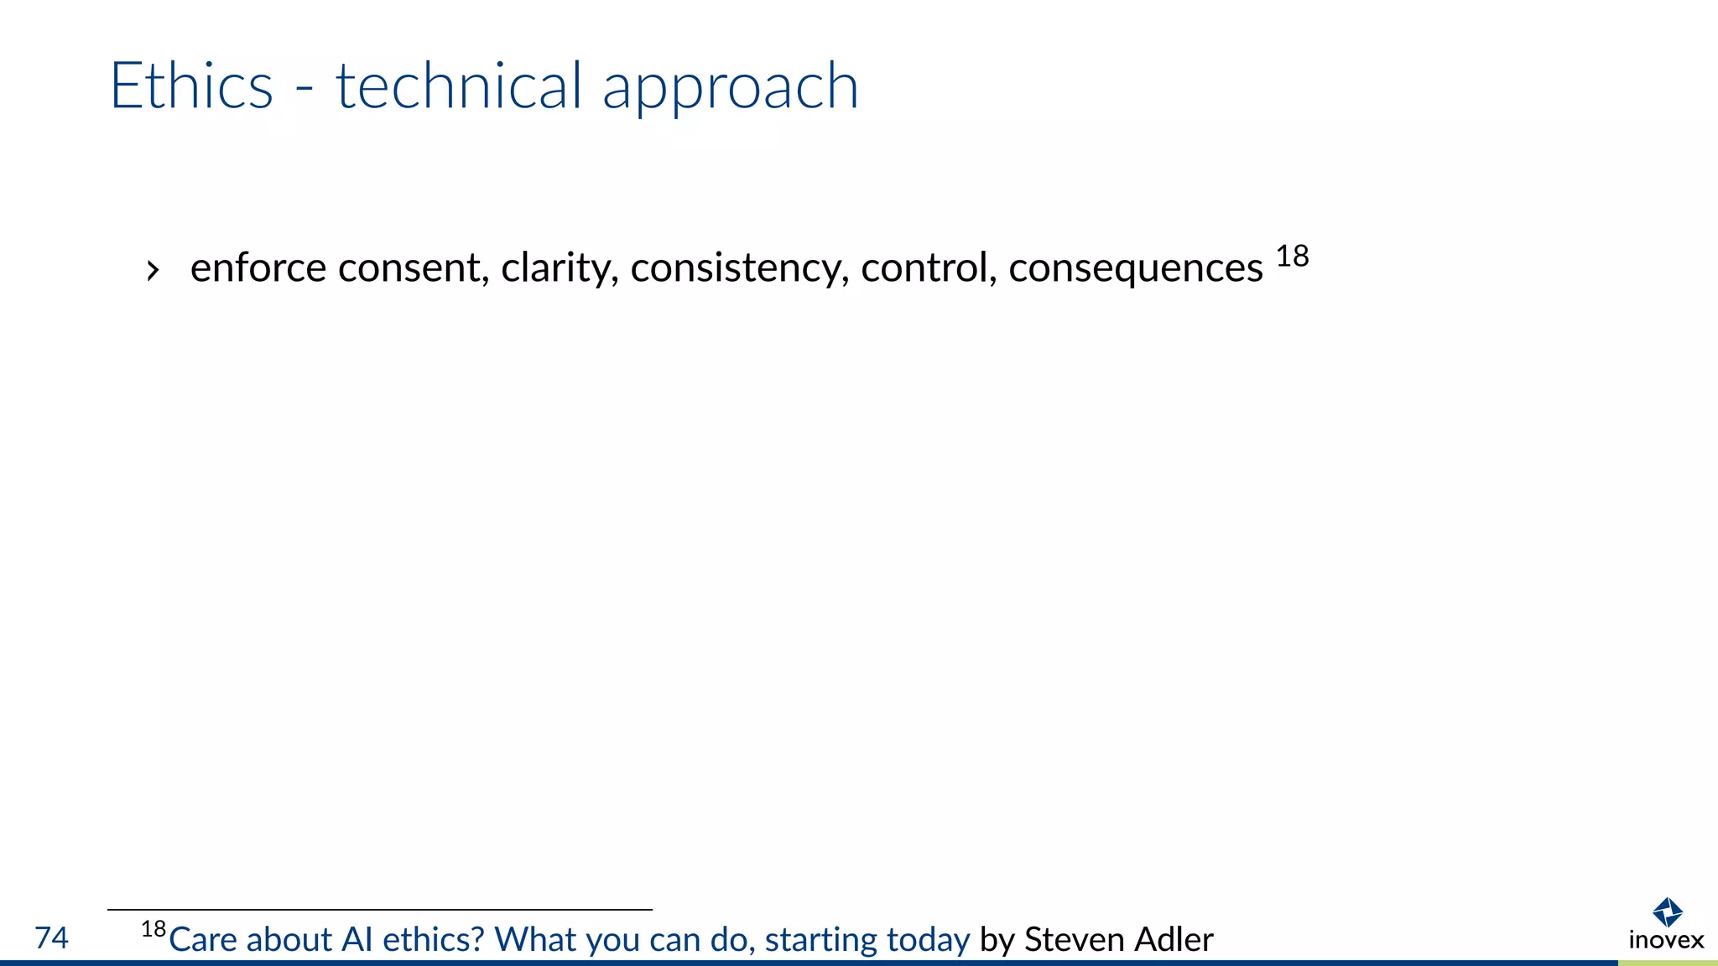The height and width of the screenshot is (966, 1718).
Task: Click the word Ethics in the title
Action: pyautogui.click(x=191, y=86)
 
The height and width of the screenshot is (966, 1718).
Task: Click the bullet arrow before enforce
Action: pyautogui.click(x=152, y=271)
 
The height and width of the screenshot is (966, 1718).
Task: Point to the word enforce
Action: pyautogui.click(x=258, y=268)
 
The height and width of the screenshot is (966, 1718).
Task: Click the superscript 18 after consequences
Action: pyautogui.click(x=1292, y=257)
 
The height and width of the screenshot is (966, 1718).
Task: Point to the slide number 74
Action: pyautogui.click(x=51, y=937)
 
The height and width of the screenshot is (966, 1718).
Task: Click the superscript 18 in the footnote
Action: pyautogui.click(x=154, y=929)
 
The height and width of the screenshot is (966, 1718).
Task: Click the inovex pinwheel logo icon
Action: pyautogui.click(x=1667, y=912)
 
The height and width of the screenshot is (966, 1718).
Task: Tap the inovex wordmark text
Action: pyautogui.click(x=1666, y=940)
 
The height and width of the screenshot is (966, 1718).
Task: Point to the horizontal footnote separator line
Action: pyautogui.click(x=379, y=910)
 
